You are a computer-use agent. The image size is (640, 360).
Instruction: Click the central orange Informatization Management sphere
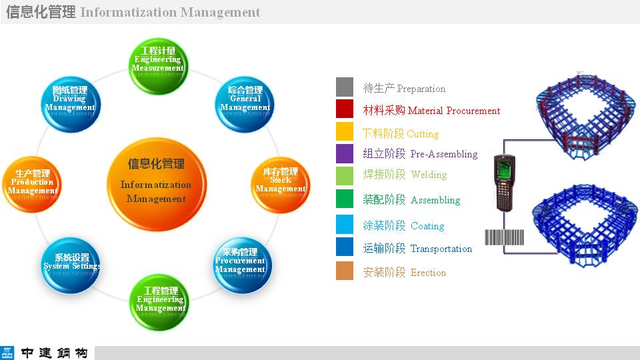[157, 185]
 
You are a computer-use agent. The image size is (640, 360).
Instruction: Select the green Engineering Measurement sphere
[159, 67]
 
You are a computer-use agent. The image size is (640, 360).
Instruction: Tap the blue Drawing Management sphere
[71, 105]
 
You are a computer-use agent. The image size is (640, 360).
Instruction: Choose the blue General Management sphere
[245, 105]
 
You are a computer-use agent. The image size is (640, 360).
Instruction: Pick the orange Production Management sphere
[32, 185]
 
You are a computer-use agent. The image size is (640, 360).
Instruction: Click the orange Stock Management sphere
[281, 185]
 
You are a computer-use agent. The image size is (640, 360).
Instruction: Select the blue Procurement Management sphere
[242, 265]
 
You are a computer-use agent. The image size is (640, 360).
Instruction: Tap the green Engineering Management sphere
[159, 303]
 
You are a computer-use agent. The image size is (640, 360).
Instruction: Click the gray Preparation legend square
[345, 87]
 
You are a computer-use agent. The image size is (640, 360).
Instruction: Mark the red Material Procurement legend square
[345, 109]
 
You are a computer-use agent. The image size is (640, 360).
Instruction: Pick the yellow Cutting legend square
[345, 131]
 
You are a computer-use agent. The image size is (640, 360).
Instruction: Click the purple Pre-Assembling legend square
[345, 153]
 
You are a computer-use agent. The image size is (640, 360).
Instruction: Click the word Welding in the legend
[429, 175]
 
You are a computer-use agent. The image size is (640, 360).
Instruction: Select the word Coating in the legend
[427, 226]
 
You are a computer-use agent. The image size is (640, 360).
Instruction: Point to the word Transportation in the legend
[441, 249]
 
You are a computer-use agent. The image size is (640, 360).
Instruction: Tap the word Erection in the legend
[428, 272]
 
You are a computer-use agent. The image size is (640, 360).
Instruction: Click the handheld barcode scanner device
[504, 183]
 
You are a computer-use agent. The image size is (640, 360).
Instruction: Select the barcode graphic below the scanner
[504, 237]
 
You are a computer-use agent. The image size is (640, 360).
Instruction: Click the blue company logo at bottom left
[7, 353]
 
